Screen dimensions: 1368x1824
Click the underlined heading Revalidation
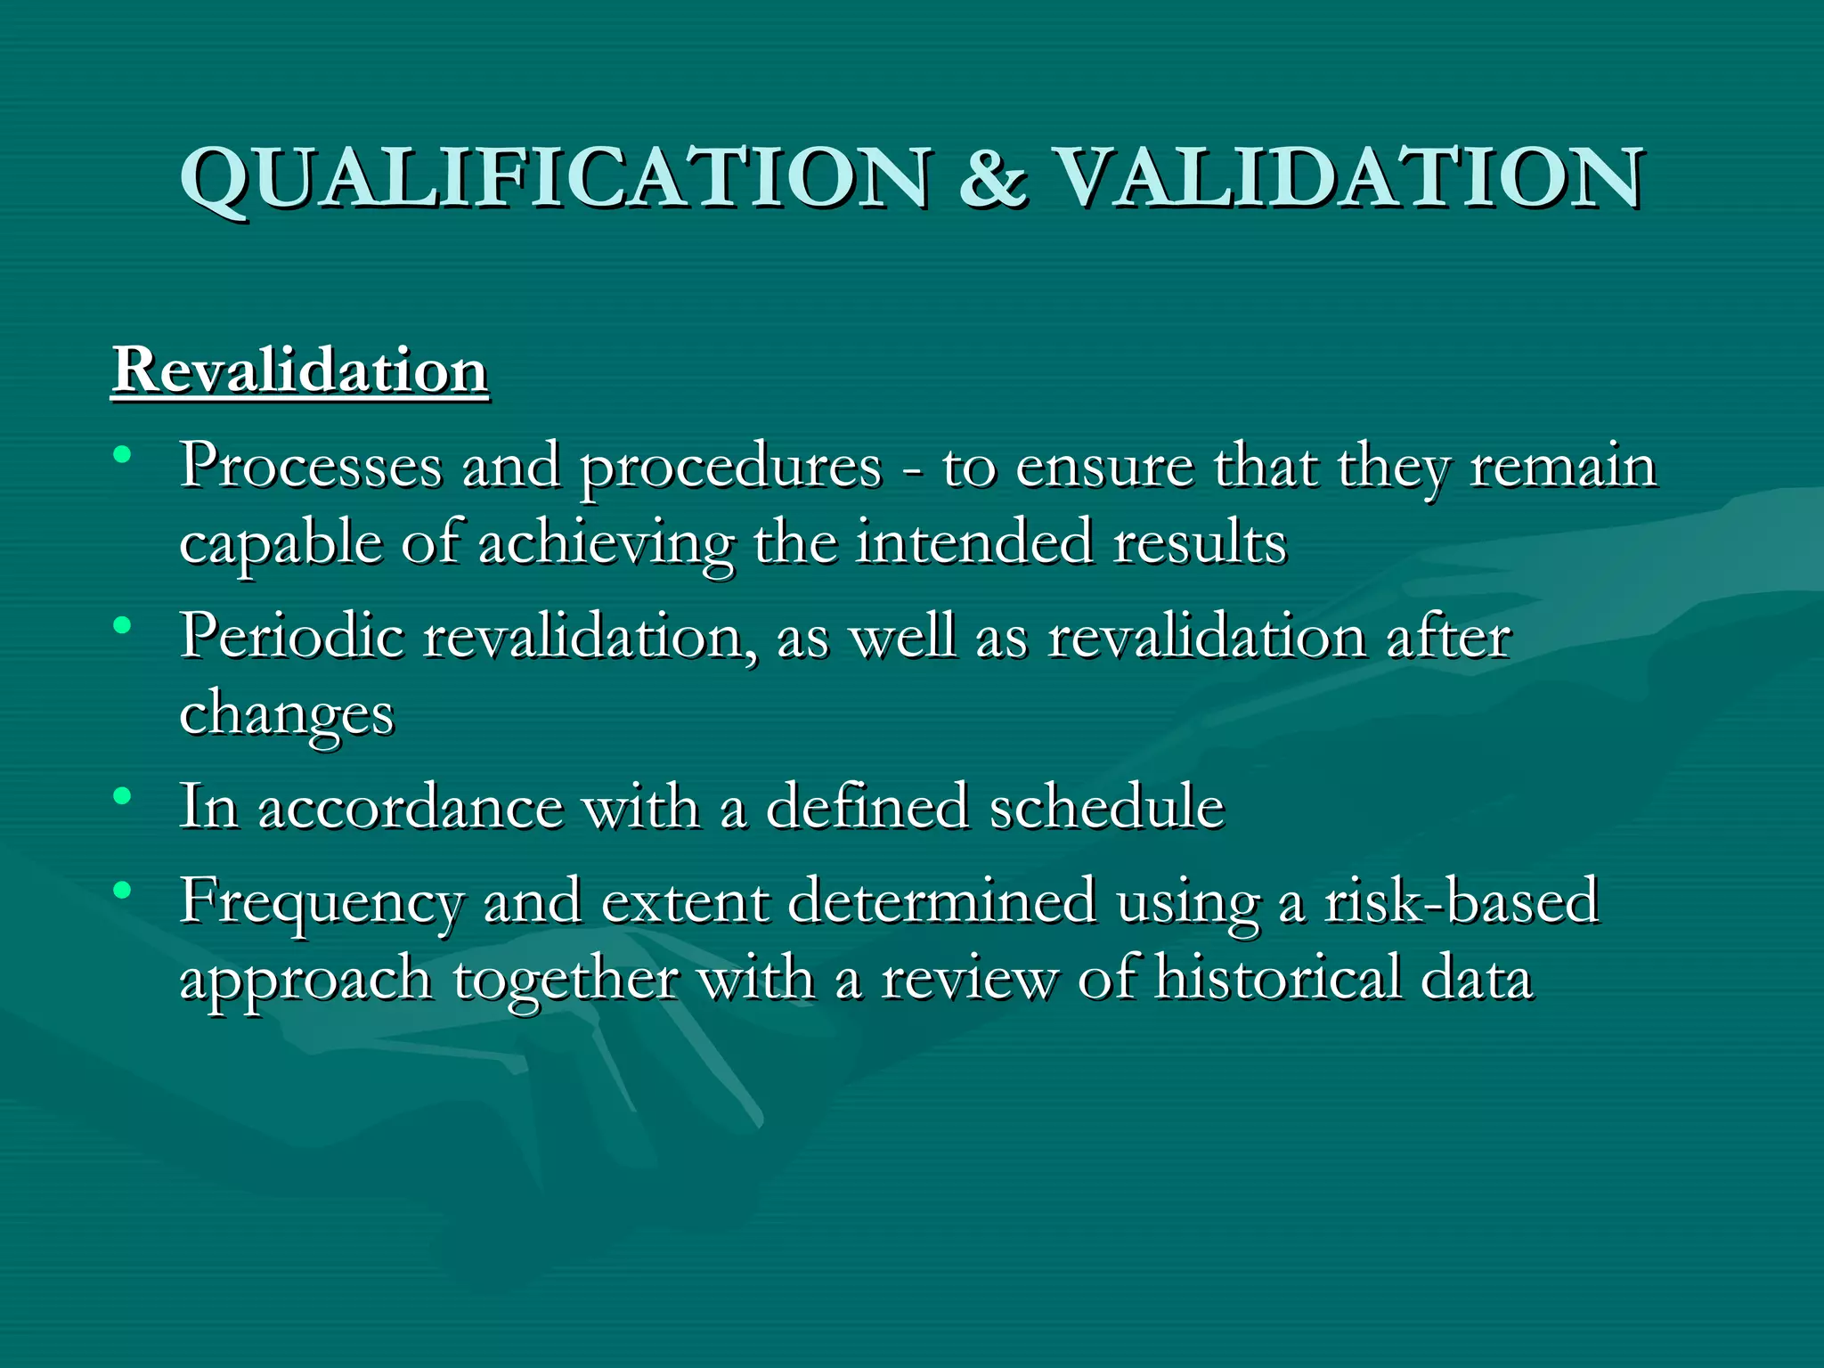[x=300, y=370]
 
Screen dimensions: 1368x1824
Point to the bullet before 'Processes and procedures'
[x=123, y=455]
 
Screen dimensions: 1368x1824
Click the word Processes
[x=311, y=468]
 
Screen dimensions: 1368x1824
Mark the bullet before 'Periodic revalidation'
[x=123, y=625]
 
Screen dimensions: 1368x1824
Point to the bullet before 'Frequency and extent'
[x=123, y=890]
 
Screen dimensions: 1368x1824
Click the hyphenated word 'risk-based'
[x=1462, y=901]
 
